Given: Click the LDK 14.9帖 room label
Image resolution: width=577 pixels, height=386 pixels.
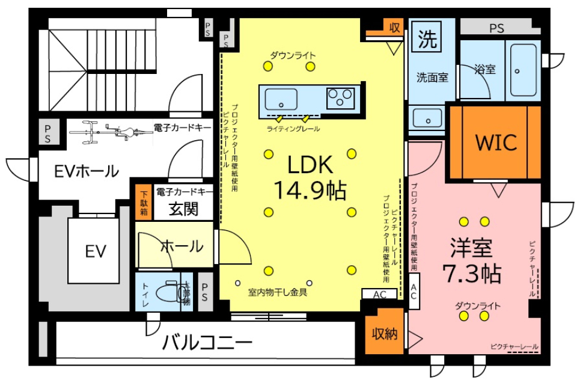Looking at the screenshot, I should coord(309,177).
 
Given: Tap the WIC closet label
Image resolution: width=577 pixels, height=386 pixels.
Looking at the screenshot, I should coord(495,142).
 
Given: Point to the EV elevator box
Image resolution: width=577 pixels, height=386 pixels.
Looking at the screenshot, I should coord(95,251).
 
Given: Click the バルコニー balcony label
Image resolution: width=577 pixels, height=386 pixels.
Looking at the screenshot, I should coord(207,343).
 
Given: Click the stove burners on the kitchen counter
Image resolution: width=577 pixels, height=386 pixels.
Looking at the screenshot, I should coord(341,97).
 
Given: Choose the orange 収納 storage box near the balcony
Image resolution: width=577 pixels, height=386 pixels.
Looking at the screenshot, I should coord(385,334).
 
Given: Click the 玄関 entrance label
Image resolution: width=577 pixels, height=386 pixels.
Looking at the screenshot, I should coord(183,210).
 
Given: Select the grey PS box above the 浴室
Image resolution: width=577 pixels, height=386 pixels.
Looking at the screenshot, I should coord(495,27).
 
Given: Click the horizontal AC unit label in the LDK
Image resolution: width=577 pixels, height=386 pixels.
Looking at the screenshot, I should coord(379,295).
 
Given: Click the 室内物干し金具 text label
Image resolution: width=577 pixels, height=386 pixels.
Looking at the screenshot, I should coord(278,293).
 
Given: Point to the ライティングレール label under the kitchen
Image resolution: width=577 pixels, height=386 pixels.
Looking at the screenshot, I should coord(293,129).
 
